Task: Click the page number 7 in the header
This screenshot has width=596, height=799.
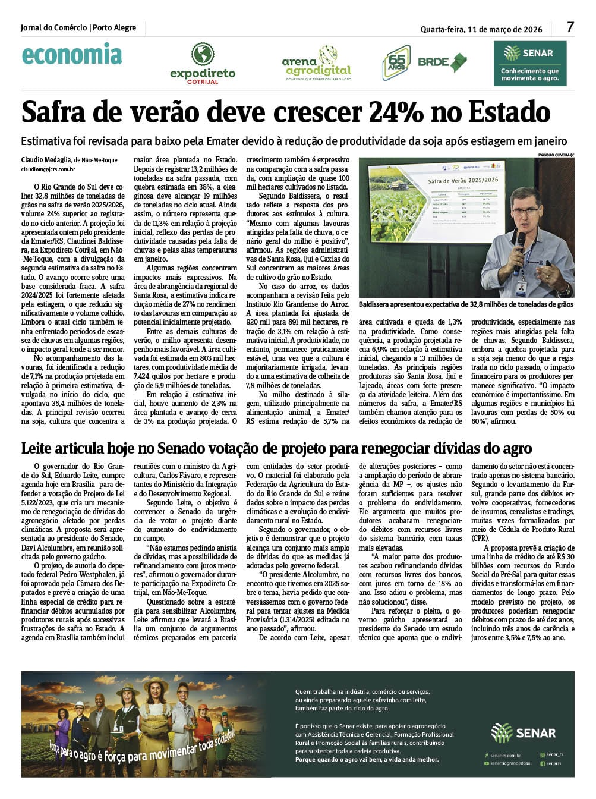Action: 570,27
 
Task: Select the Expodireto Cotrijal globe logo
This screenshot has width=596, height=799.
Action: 203,55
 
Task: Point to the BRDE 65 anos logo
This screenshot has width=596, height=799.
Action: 424,62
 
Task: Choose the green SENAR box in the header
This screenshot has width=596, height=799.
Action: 529,63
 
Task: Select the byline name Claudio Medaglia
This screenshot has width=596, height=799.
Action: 46,160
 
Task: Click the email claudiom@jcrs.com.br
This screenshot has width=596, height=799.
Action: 48,169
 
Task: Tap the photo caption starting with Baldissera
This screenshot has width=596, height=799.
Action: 466,304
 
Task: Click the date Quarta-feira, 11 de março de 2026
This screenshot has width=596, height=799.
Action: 481,29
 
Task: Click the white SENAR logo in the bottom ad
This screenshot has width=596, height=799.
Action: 523,733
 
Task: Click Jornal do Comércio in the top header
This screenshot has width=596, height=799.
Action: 53,28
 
